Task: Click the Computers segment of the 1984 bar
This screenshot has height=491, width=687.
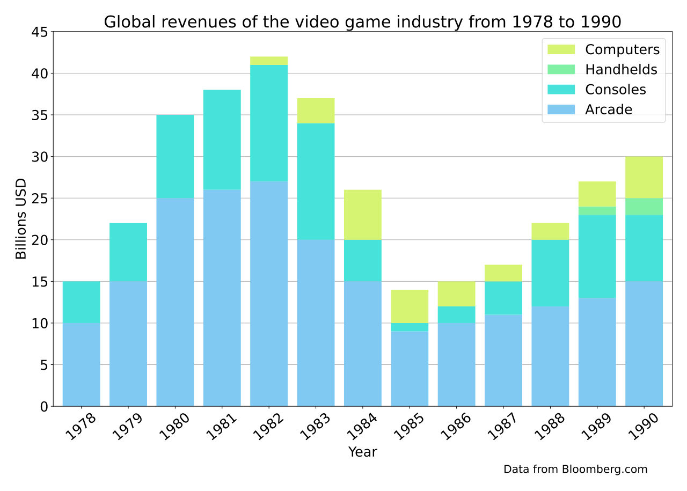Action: tap(362, 215)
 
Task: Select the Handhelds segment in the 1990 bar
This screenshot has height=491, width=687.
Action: tap(644, 207)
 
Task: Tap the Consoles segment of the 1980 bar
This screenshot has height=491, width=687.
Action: tap(175, 156)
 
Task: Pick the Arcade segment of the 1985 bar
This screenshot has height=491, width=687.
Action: tap(410, 369)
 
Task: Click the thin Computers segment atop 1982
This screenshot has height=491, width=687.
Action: tap(269, 61)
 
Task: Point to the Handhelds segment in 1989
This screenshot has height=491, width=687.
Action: tap(597, 211)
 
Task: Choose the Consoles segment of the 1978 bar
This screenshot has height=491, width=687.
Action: tap(81, 302)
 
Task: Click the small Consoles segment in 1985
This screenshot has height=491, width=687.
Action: tap(410, 327)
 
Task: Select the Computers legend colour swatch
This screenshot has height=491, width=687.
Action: tap(561, 49)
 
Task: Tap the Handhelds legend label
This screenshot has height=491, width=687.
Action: tap(621, 70)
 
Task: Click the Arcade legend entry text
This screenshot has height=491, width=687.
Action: tap(609, 110)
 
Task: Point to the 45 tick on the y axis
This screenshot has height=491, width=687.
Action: tap(42, 32)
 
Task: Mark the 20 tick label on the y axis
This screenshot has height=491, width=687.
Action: tap(42, 240)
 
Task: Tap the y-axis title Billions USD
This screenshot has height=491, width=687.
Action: tap(21, 219)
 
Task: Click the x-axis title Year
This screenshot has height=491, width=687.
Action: tap(362, 452)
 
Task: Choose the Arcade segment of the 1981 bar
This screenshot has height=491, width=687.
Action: tap(222, 298)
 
